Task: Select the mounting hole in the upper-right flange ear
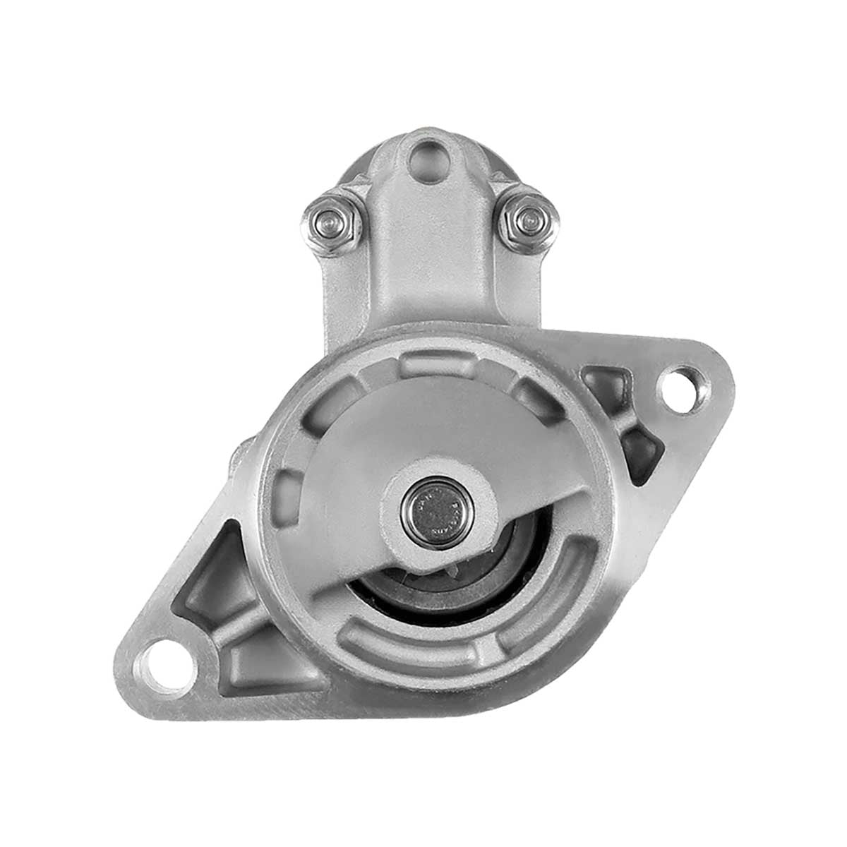click(x=682, y=387)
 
